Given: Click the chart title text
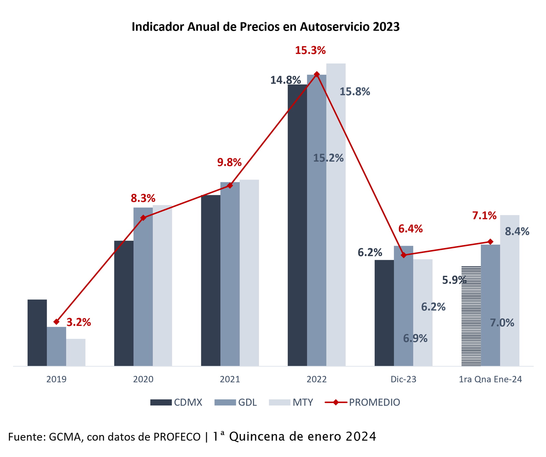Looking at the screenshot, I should click(265, 27).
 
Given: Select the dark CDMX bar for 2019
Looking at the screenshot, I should click(37, 332).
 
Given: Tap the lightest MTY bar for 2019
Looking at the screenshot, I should click(76, 352).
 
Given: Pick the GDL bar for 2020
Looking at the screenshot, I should click(143, 287).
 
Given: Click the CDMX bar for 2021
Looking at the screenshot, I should click(211, 280).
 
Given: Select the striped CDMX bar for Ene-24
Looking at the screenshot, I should click(471, 316).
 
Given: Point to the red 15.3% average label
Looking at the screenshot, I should click(310, 51).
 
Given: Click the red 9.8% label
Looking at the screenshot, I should click(229, 162).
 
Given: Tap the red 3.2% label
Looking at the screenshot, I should click(78, 322).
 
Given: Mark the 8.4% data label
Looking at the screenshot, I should click(517, 232).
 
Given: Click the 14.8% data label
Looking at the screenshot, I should click(286, 80).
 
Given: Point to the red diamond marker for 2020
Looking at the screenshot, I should click(143, 217).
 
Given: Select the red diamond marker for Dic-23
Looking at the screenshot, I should click(404, 255).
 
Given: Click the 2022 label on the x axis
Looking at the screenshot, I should click(317, 379).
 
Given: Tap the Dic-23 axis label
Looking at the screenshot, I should click(403, 379).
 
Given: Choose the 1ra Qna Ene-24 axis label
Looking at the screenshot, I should click(490, 379).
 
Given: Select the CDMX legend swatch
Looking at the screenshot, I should click(161, 402).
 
